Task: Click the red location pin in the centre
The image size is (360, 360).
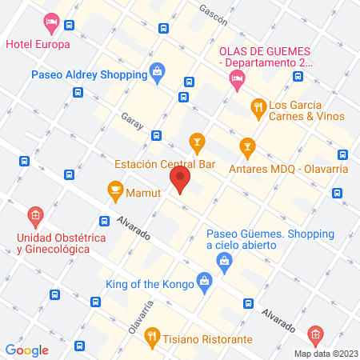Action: pos(180,179)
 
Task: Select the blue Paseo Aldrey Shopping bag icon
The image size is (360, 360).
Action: pos(157,74)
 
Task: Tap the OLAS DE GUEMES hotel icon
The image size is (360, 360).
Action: pos(235,78)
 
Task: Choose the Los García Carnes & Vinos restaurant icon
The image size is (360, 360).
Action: pos(258,105)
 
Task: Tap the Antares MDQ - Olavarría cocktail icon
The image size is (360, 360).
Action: pos(247,146)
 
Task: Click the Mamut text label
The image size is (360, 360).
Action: pos(146,192)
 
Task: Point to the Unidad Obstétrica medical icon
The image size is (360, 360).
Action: pos(34,215)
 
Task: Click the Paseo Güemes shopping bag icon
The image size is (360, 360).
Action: pos(226,259)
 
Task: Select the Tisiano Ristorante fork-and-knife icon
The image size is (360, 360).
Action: pos(152,338)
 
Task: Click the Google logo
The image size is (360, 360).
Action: pos(26,350)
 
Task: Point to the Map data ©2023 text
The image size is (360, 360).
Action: pos(324,354)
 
